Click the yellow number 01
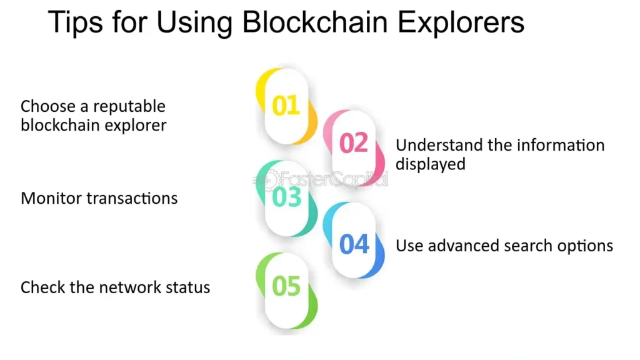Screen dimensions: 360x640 click(286, 106)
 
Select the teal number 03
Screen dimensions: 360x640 click(287, 197)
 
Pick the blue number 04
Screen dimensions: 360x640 click(354, 244)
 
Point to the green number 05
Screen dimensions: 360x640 click(287, 286)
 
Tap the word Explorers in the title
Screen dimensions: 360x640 click(462, 23)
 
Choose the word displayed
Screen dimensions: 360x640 click(431, 164)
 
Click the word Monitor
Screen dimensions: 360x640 click(51, 199)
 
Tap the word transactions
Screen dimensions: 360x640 click(132, 199)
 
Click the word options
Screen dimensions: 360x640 click(586, 246)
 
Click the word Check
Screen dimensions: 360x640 click(41, 287)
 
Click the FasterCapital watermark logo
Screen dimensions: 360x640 click(320, 180)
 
